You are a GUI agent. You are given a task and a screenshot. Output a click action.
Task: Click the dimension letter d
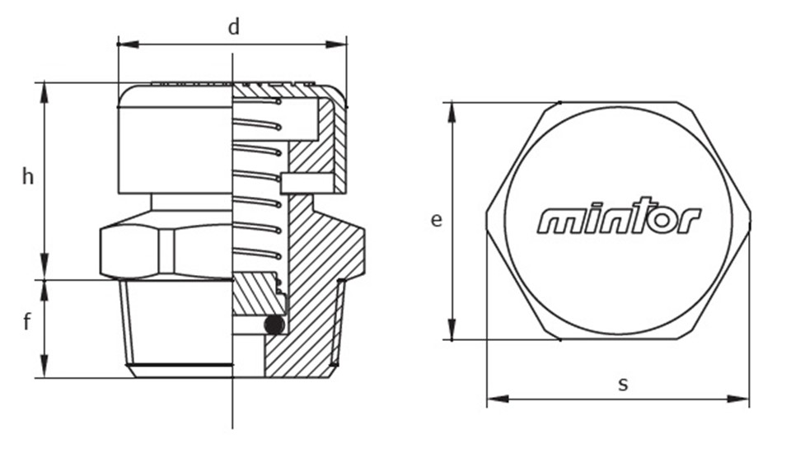click(x=233, y=27)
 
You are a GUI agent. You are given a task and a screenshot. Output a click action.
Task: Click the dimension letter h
click(x=28, y=176)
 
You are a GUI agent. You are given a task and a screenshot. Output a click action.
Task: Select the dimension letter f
click(x=27, y=321)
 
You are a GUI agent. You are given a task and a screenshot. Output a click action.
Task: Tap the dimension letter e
click(x=437, y=220)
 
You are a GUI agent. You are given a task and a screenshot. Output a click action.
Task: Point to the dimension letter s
click(x=623, y=385)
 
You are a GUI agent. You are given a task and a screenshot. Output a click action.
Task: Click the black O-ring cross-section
click(x=274, y=325)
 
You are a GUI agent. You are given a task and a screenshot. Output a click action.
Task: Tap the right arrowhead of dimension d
click(x=336, y=44)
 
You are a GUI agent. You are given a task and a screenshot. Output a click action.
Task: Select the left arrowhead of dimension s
click(x=498, y=399)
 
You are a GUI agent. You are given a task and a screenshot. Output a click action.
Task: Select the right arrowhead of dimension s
click(x=738, y=399)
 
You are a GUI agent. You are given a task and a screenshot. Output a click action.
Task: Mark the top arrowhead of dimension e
click(x=452, y=113)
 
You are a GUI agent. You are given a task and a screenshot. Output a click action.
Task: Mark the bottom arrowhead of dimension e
click(x=452, y=329)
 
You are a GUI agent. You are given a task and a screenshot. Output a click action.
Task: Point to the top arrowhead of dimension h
click(x=44, y=93)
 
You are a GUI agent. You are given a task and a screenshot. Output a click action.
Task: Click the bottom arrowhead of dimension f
click(x=44, y=367)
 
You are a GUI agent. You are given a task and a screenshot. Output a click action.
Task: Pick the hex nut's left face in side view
click(x=129, y=252)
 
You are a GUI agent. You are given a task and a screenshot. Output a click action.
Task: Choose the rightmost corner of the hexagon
click(x=750, y=221)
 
